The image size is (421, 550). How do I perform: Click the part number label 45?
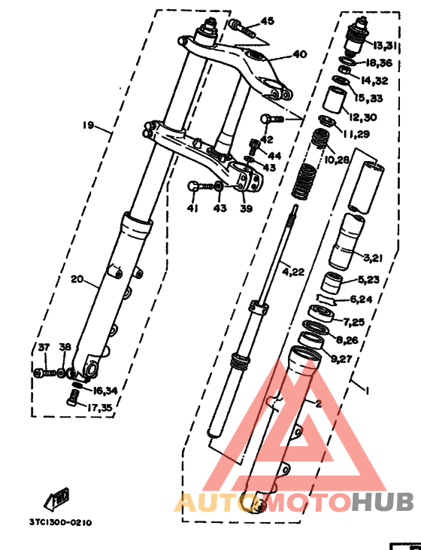(x=268, y=22)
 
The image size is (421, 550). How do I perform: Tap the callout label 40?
(x=300, y=54)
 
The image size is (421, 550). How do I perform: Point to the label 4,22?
(x=293, y=272)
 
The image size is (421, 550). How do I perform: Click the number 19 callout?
(x=89, y=125)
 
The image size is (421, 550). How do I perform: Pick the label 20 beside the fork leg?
(x=77, y=279)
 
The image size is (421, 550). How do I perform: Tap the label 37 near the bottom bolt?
(x=44, y=348)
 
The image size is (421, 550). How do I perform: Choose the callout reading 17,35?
(x=99, y=408)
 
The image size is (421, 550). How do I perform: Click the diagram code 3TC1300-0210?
(x=61, y=523)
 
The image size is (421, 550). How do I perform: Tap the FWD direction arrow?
(x=57, y=499)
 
